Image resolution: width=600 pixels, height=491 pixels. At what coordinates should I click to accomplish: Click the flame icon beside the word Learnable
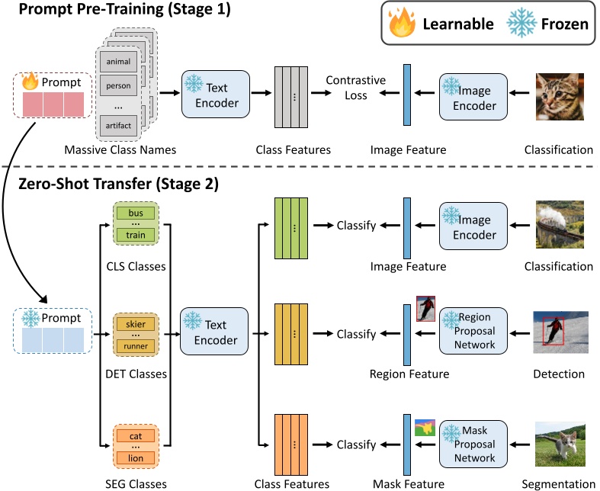point(402,23)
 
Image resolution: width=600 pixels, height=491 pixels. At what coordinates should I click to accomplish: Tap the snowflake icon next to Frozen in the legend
point(521,23)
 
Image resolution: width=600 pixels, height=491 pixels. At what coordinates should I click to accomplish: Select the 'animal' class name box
point(118,62)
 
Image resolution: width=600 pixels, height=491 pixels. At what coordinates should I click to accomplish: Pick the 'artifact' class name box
point(118,126)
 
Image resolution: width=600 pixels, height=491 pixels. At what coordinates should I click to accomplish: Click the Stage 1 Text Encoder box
point(216,94)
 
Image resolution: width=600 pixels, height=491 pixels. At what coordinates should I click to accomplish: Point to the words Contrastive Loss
point(356,88)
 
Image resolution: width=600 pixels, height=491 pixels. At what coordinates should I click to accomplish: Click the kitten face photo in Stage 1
point(560,97)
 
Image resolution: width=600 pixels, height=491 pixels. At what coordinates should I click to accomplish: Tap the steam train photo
point(560,224)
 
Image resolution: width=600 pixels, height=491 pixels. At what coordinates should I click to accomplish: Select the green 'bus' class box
point(136,213)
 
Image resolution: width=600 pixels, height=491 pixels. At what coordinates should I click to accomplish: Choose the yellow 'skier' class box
point(136,324)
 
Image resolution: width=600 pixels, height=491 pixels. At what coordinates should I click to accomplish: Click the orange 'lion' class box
point(136,458)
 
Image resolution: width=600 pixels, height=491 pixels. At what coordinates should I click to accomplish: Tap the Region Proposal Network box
point(473,331)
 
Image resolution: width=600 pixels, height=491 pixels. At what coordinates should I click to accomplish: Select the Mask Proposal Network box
point(473,444)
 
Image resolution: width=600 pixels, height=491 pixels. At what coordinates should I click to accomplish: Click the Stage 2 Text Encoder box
point(214,331)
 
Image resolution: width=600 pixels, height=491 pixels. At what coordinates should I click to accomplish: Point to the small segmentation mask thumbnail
point(425,428)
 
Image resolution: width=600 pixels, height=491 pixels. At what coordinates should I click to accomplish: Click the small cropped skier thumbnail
point(426,309)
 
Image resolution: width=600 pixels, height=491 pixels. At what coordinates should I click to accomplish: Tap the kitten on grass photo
point(560,444)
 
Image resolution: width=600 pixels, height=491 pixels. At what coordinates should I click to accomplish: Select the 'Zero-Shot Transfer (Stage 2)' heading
point(119,184)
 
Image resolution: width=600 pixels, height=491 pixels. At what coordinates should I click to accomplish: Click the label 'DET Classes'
point(136,374)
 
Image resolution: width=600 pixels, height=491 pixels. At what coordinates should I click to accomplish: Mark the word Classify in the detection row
point(356,334)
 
